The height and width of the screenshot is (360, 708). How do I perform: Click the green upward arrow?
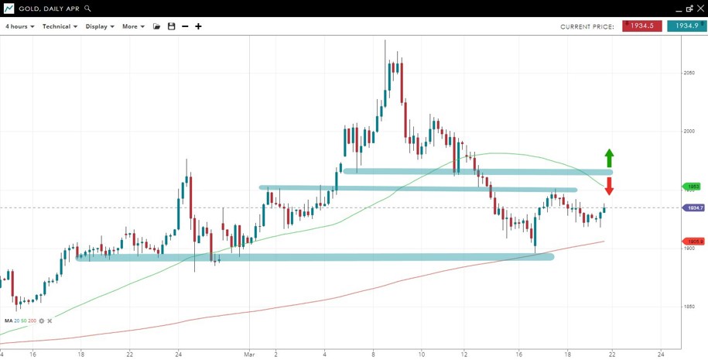(x=609, y=158)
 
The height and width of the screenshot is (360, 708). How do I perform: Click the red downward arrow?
(x=609, y=187)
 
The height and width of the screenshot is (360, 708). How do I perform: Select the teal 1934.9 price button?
(x=686, y=26)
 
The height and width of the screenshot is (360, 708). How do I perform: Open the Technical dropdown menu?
(x=60, y=26)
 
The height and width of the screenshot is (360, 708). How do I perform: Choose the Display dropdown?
(x=100, y=26)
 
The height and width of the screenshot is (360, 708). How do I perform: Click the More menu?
(x=132, y=26)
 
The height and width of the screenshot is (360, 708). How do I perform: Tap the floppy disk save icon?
(x=171, y=26)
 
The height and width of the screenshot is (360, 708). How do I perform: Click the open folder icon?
(x=156, y=26)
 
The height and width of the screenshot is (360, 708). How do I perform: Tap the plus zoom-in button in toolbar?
(x=198, y=26)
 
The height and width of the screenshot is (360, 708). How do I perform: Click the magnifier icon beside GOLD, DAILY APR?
(x=87, y=9)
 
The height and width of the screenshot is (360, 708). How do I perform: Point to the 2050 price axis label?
(x=689, y=73)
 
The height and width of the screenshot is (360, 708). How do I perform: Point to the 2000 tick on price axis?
(x=689, y=131)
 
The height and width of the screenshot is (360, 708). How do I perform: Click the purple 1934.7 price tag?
(x=694, y=207)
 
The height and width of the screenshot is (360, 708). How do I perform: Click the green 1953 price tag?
(x=693, y=187)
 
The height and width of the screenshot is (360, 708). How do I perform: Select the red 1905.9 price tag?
(x=694, y=242)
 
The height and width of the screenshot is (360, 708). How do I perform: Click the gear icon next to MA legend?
(x=42, y=321)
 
